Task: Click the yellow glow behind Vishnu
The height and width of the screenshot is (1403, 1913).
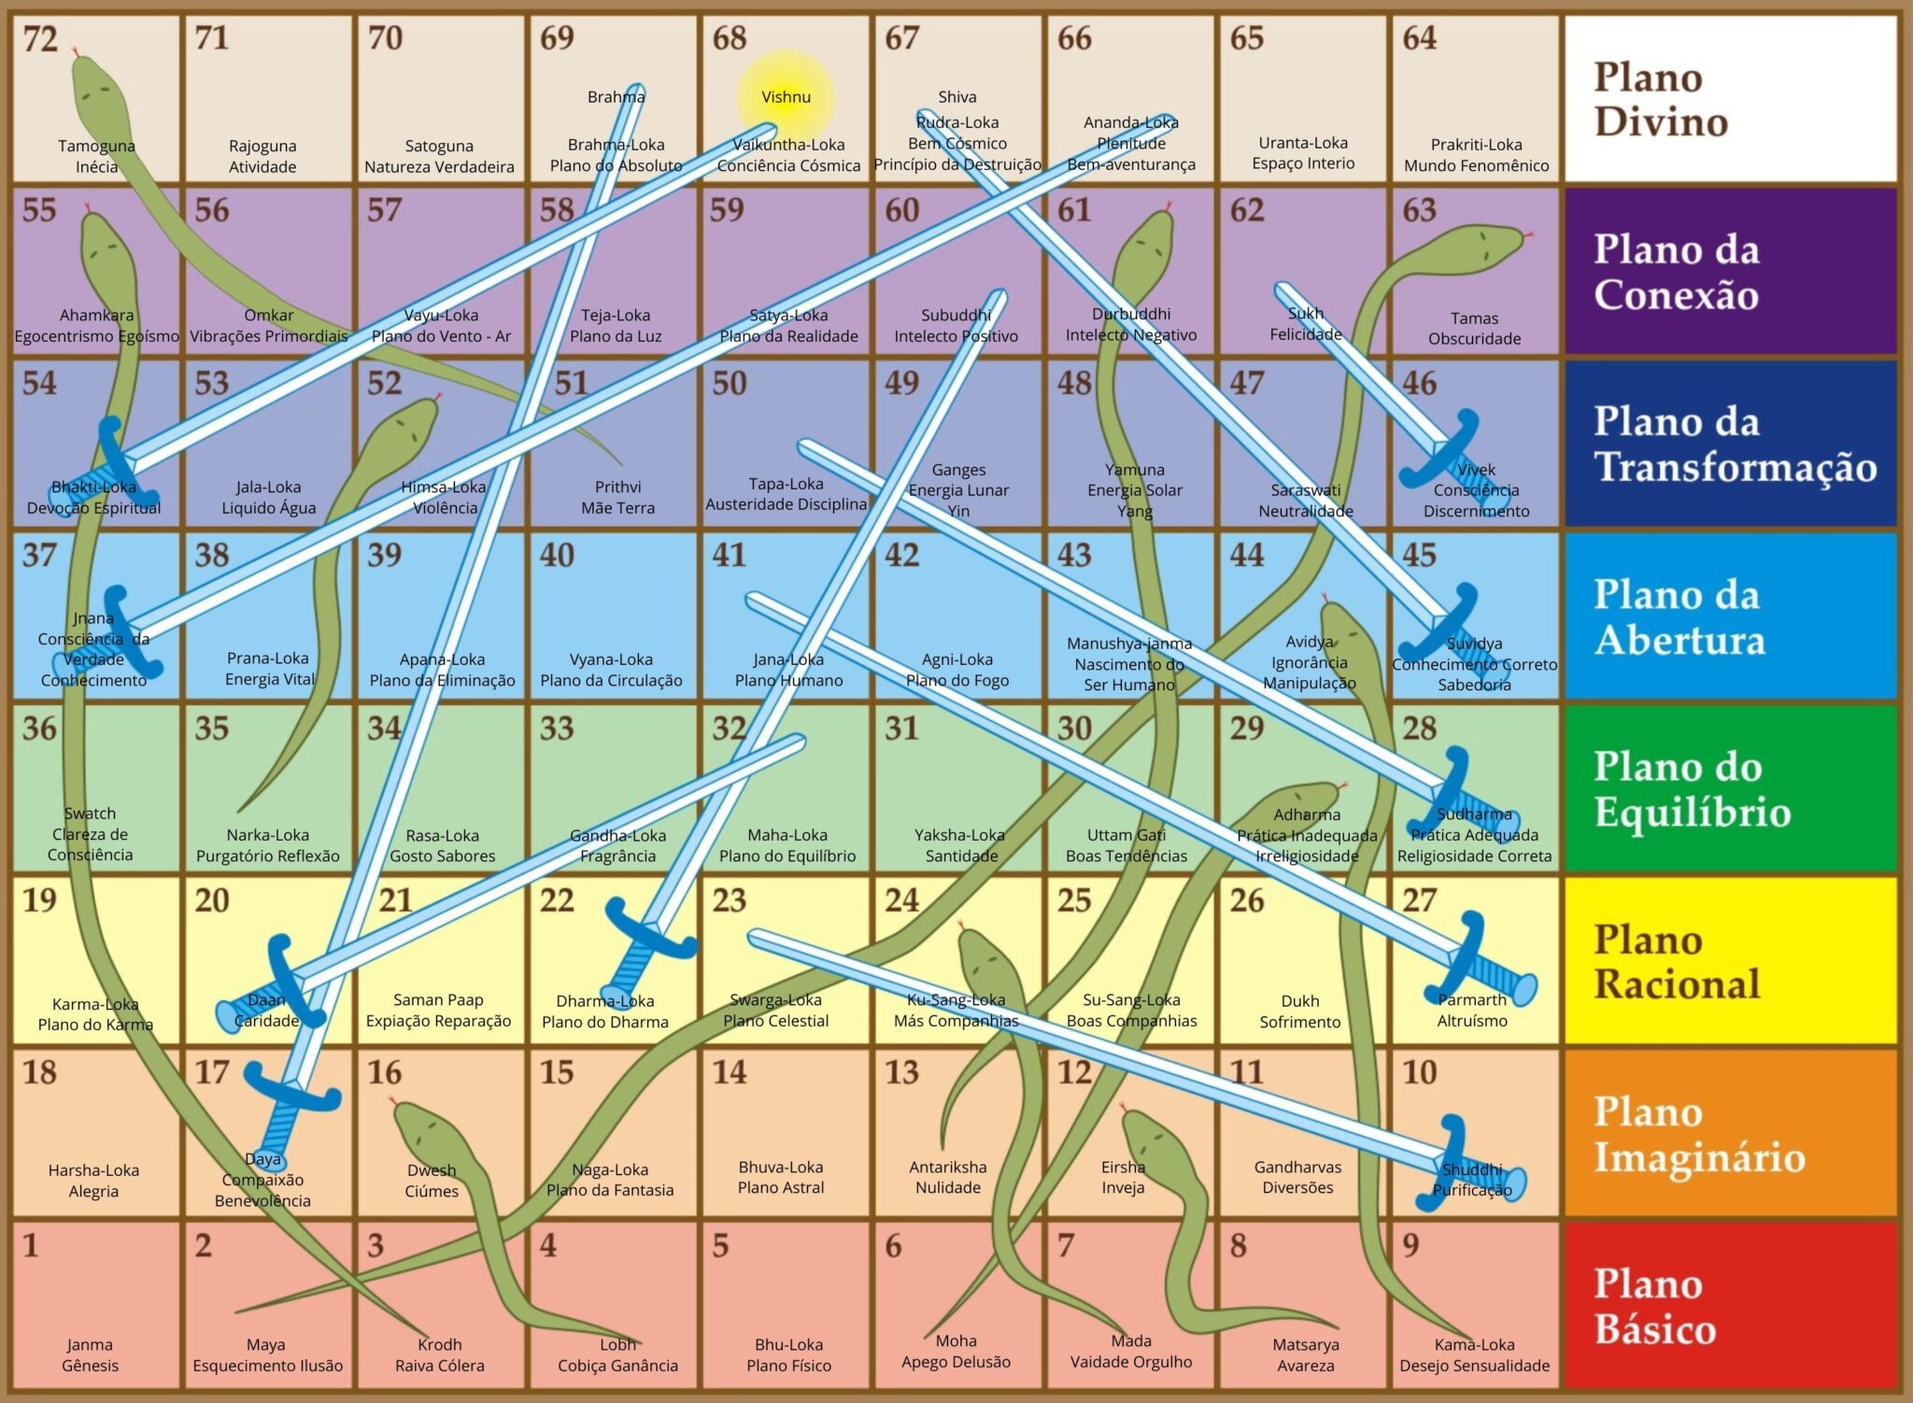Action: (786, 96)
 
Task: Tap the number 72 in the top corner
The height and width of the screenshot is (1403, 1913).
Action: (40, 40)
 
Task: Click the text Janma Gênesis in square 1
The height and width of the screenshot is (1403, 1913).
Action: (90, 1354)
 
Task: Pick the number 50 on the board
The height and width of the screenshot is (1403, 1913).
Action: (730, 383)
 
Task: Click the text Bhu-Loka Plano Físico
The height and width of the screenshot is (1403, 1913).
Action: (788, 1354)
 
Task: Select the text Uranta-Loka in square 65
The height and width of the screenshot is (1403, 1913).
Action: (1303, 143)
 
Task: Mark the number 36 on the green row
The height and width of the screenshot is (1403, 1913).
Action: (40, 728)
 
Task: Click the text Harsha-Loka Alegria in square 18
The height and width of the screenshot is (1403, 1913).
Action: (93, 1181)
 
